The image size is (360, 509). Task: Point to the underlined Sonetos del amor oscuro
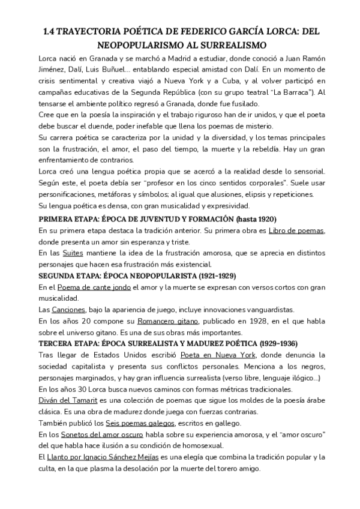click(x=100, y=435)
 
